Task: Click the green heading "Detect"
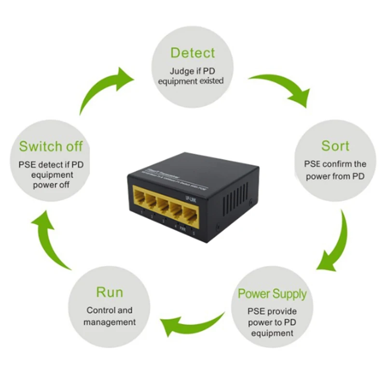[x=193, y=53]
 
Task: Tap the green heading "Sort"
[x=335, y=146]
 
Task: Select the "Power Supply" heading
[x=272, y=293]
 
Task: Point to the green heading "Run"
[x=110, y=292]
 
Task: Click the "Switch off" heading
[x=51, y=146]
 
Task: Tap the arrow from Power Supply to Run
[x=191, y=324]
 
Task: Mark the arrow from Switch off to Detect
[x=104, y=89]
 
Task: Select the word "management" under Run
[x=110, y=322]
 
